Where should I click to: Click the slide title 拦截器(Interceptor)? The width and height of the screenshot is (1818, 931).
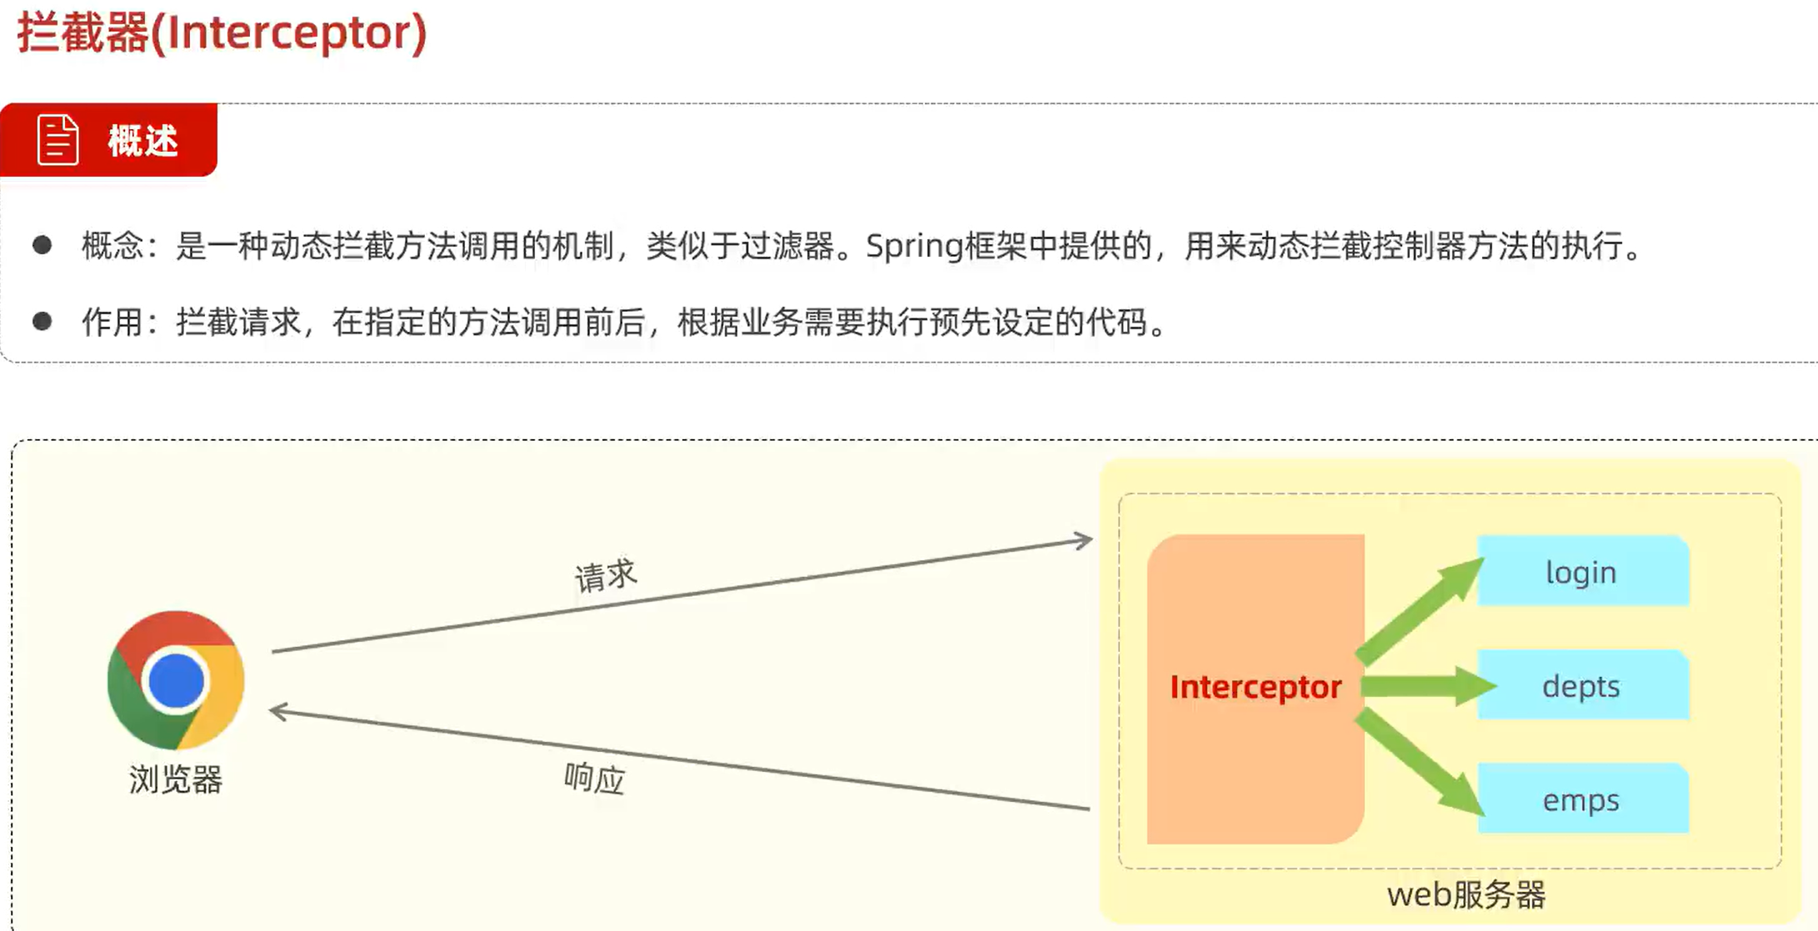click(x=222, y=33)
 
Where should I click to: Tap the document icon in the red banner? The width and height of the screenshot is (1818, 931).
click(x=57, y=139)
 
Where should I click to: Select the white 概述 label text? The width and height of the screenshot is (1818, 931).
click(x=143, y=140)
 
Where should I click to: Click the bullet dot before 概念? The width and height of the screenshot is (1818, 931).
click(x=42, y=245)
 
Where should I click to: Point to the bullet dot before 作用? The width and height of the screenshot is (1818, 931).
click(x=42, y=321)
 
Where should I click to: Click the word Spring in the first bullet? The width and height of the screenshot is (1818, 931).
click(x=914, y=246)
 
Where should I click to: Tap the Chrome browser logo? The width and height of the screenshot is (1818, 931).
click(x=176, y=680)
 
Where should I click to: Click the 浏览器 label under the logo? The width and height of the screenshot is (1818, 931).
click(x=176, y=780)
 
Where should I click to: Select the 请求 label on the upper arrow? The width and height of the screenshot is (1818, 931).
click(x=606, y=575)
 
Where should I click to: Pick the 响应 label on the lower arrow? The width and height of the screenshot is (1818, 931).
click(x=594, y=778)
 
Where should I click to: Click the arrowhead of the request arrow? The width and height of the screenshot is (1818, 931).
click(x=1083, y=541)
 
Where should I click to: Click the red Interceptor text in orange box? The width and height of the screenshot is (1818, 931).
click(x=1256, y=687)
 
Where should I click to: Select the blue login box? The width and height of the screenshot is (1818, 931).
click(x=1582, y=572)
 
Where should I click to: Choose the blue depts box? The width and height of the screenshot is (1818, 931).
click(x=1582, y=686)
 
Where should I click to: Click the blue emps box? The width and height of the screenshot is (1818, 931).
click(x=1582, y=800)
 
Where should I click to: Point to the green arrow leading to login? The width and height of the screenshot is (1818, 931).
click(x=1421, y=610)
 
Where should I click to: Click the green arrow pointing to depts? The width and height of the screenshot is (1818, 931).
click(x=1426, y=687)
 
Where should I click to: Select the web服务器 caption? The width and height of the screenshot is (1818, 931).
click(x=1466, y=895)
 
